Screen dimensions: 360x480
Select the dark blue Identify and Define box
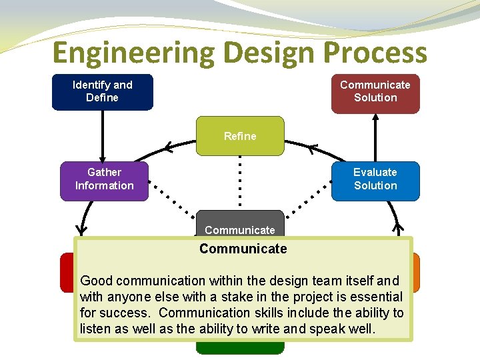(x=103, y=91)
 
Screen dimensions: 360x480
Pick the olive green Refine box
(x=240, y=136)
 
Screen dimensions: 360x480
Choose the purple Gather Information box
(x=104, y=180)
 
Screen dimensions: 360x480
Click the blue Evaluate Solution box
(x=375, y=180)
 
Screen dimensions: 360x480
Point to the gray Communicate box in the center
(x=240, y=225)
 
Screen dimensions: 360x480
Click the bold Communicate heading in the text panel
(x=243, y=249)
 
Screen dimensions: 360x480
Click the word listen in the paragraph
(x=96, y=329)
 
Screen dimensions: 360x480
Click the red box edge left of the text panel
(x=67, y=272)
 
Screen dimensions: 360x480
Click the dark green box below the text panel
(x=240, y=347)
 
